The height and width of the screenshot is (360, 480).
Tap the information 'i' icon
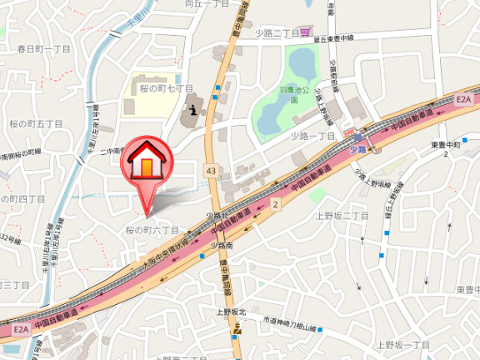[x=193, y=108]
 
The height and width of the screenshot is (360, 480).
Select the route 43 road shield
[x=210, y=171]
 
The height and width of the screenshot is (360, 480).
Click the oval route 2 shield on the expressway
[x=275, y=202]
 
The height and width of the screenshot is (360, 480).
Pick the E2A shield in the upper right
[x=463, y=100]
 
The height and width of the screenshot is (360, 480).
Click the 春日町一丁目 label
[x=43, y=49]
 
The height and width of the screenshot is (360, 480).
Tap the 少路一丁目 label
[x=312, y=136]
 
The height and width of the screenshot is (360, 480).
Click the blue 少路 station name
[x=357, y=149]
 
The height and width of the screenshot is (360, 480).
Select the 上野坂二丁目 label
[x=342, y=215]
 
